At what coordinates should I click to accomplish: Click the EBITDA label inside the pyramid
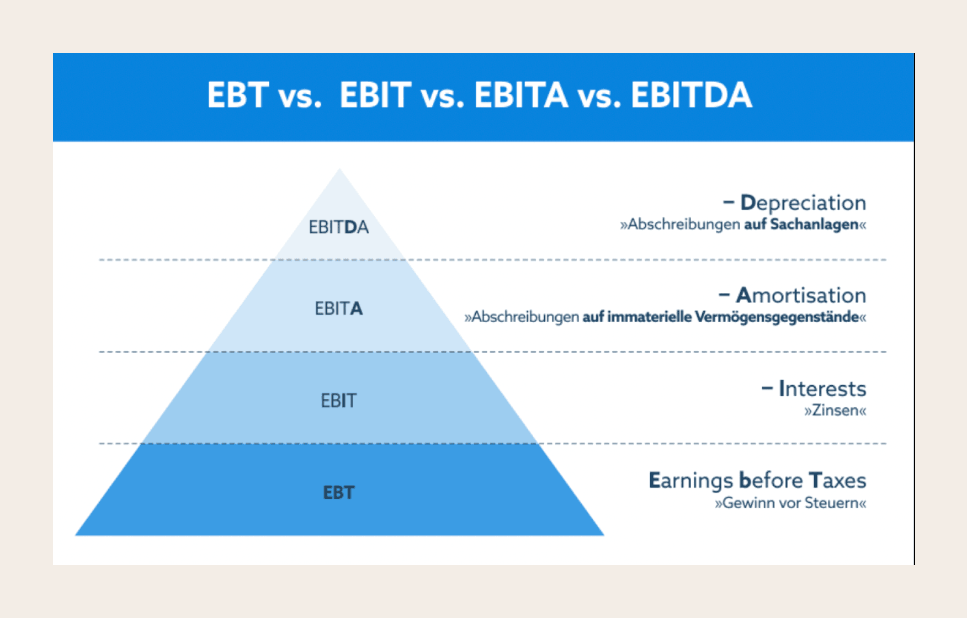[338, 227]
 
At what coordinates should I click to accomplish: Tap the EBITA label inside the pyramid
[338, 308]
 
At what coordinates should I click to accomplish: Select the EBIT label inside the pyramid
[338, 401]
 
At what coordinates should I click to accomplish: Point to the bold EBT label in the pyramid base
[338, 492]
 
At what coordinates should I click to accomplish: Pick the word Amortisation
[801, 295]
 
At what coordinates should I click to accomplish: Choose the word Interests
[822, 388]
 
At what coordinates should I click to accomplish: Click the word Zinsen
[835, 411]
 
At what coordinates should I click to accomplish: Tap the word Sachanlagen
[814, 224]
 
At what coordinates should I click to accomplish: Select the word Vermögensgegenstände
[777, 317]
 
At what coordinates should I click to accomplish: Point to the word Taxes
[837, 480]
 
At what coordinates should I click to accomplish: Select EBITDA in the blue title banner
[691, 95]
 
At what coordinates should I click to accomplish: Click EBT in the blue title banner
[238, 95]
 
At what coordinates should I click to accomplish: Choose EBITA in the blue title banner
[521, 95]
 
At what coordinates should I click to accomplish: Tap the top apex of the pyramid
[339, 169]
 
